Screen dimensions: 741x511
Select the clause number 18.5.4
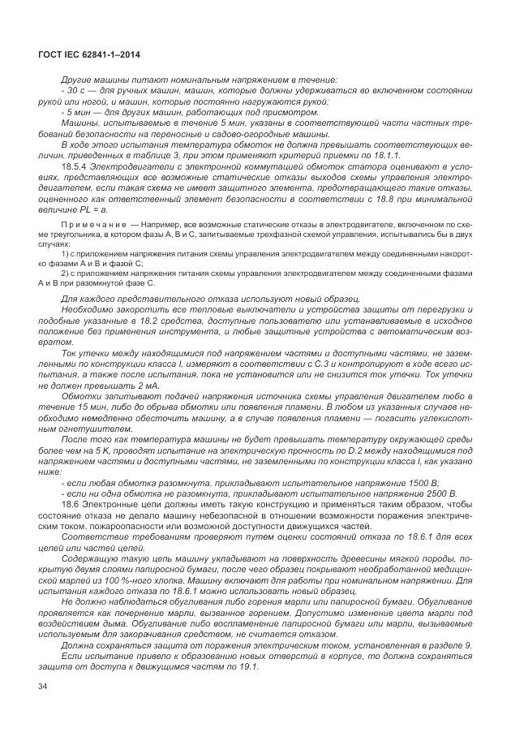tap(75, 166)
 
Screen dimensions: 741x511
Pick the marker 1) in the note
tap(64, 252)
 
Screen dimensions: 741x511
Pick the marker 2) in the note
tap(64, 273)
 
